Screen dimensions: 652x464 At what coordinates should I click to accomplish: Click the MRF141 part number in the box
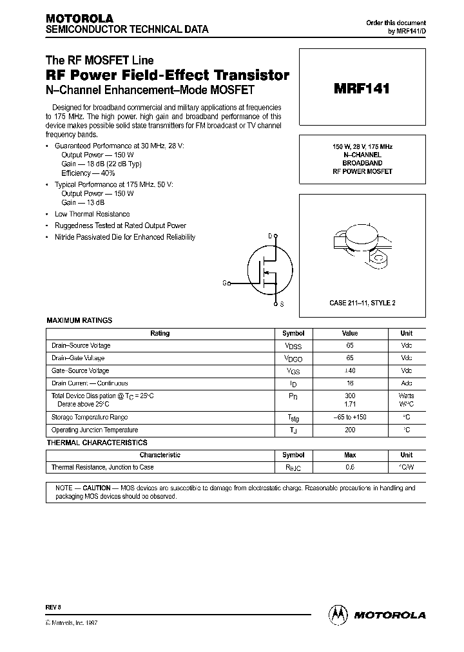[x=361, y=89]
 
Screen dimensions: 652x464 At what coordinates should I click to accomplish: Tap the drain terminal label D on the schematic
[x=270, y=236]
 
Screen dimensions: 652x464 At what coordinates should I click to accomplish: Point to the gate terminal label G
[x=224, y=283]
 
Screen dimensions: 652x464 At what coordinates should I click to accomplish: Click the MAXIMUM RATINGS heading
[x=79, y=320]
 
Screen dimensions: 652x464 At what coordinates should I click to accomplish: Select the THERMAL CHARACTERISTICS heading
[x=97, y=443]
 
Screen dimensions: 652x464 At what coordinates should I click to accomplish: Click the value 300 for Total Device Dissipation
[x=351, y=396]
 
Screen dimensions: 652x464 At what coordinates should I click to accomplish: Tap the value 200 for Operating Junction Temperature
[x=351, y=430]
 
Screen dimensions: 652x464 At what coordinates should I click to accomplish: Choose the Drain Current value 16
[x=351, y=383]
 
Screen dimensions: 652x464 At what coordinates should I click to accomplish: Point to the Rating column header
[x=159, y=334]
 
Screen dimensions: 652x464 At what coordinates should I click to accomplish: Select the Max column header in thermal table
[x=351, y=455]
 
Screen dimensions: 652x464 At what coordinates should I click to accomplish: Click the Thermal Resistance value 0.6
[x=351, y=467]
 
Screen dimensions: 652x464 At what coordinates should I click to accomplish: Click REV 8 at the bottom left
[x=53, y=608]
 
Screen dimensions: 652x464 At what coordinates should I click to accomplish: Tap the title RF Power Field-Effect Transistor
[x=167, y=75]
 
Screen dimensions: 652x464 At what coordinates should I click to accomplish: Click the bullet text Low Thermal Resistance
[x=92, y=214]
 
